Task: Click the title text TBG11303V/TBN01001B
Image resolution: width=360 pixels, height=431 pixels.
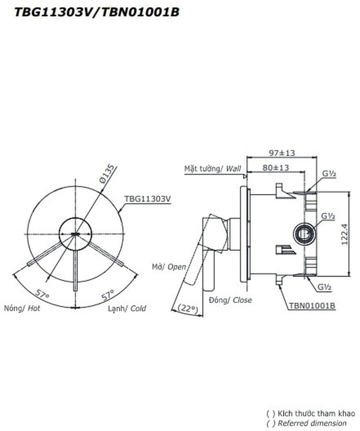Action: pyautogui.click(x=97, y=12)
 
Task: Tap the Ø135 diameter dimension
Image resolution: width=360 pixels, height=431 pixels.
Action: pyautogui.click(x=107, y=173)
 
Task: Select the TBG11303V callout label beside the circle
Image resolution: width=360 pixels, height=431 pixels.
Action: pyautogui.click(x=147, y=199)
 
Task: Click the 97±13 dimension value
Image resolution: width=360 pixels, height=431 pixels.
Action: pyautogui.click(x=282, y=153)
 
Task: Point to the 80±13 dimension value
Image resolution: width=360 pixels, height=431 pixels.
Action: pyautogui.click(x=275, y=167)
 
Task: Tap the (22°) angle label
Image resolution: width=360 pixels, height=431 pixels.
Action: pyautogui.click(x=188, y=309)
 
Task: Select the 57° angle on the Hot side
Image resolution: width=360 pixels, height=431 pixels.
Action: pyautogui.click(x=42, y=294)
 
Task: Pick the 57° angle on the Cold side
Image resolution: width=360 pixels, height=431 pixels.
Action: pyautogui.click(x=108, y=295)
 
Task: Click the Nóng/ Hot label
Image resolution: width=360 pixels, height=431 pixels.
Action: pyautogui.click(x=22, y=308)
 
